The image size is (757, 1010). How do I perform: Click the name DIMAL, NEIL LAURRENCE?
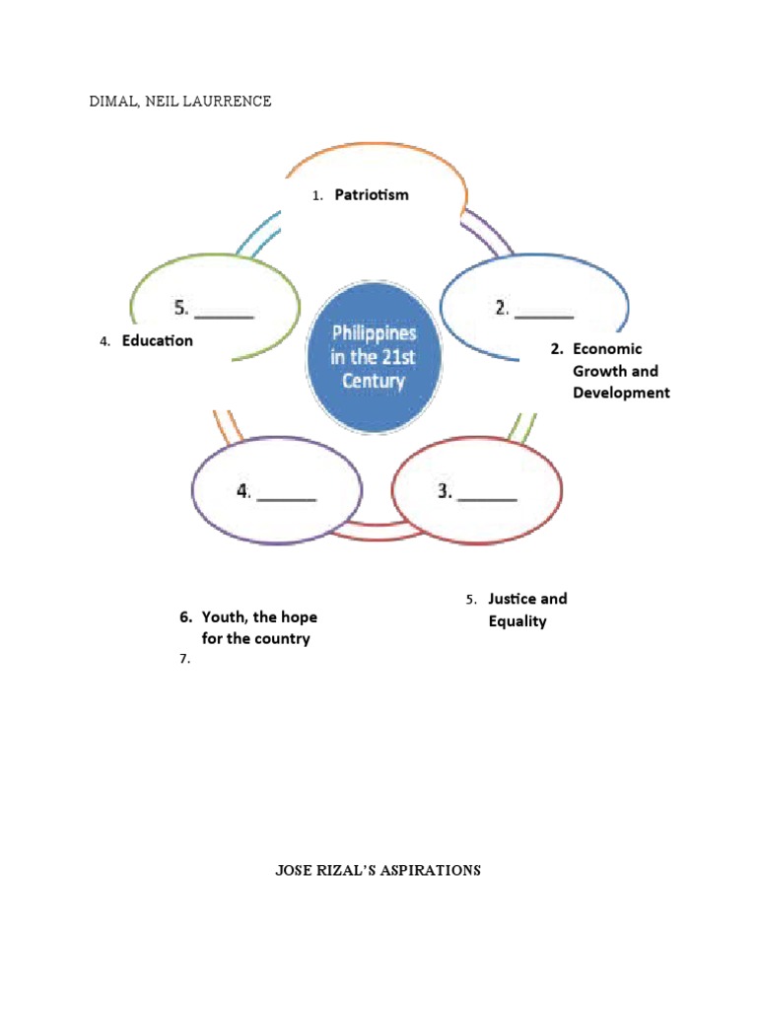[x=180, y=102]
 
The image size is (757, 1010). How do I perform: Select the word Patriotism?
[x=372, y=195]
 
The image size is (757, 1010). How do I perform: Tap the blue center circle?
[x=374, y=356]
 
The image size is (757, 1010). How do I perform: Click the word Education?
[x=158, y=341]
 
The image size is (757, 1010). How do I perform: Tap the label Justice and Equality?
[x=526, y=611]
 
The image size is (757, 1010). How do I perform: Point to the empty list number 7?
[x=184, y=661]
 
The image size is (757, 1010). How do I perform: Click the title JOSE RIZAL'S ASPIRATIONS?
[x=378, y=871]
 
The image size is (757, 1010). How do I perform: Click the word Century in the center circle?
[x=374, y=380]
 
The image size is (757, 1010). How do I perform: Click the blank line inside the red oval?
[x=487, y=499]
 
